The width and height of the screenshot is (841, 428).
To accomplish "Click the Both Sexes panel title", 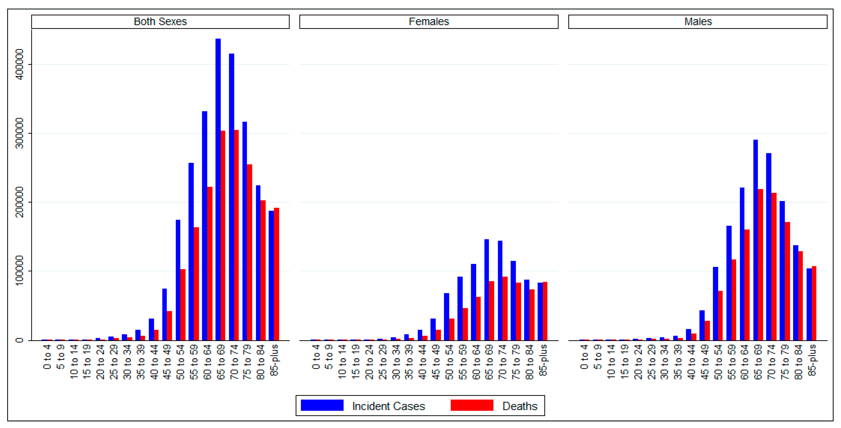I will (x=160, y=22).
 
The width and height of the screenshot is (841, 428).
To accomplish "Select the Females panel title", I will (x=429, y=22).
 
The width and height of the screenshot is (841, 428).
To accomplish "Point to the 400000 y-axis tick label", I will (x=20, y=64).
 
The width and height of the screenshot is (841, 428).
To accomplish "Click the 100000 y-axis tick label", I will (x=20, y=271).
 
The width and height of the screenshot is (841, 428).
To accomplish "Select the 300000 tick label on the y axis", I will (x=20, y=133).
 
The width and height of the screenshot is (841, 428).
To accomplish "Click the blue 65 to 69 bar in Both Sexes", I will (x=218, y=189).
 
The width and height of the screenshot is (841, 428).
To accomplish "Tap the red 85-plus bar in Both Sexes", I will (x=276, y=274).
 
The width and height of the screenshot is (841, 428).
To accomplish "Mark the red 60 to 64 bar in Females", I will (x=478, y=318).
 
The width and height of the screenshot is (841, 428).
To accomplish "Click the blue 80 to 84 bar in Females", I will (x=527, y=310).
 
